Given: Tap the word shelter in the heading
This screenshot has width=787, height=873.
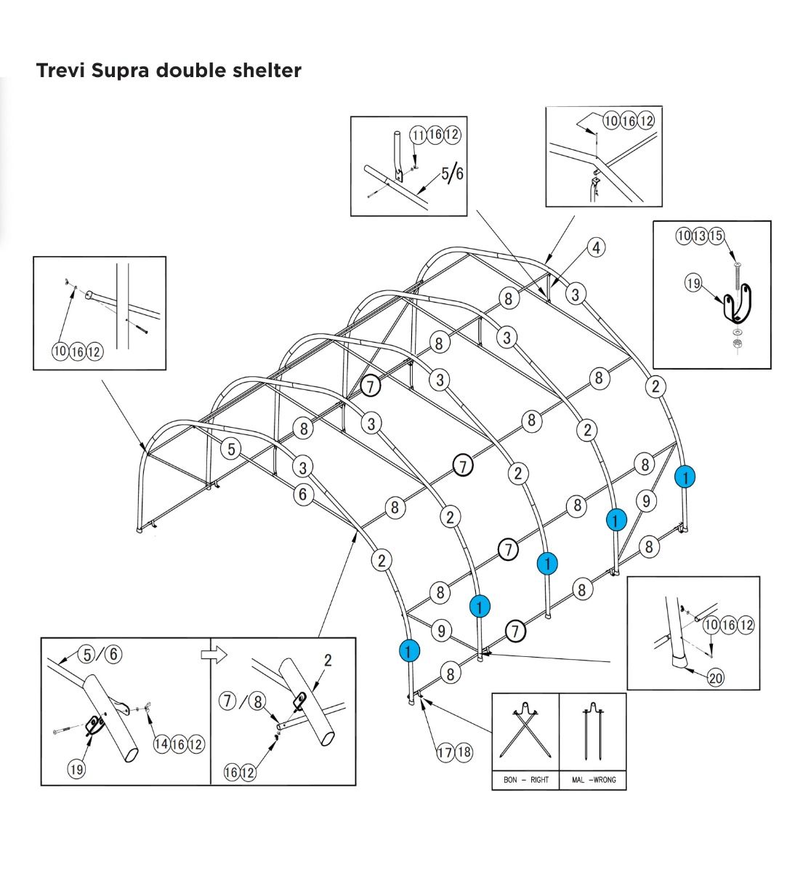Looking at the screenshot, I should pyautogui.click(x=265, y=71).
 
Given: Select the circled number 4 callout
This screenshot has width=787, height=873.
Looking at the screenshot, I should pyautogui.click(x=596, y=247).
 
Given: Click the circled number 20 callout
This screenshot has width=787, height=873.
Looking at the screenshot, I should pyautogui.click(x=716, y=678).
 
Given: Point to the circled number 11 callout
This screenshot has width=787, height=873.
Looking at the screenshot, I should pyautogui.click(x=419, y=135).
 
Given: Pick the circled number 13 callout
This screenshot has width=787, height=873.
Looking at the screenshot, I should pyautogui.click(x=701, y=236).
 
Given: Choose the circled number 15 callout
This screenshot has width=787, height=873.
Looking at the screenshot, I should pyautogui.click(x=717, y=236).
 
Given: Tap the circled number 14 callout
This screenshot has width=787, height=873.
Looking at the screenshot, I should pyautogui.click(x=162, y=744).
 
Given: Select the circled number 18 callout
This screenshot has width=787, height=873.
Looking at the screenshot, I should pyautogui.click(x=463, y=753).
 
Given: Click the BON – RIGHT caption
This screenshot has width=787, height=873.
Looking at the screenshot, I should pyautogui.click(x=526, y=780).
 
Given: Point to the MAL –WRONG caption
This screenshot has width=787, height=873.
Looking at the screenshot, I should pyautogui.click(x=593, y=780).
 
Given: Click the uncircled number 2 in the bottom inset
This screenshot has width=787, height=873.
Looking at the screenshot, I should pyautogui.click(x=328, y=661).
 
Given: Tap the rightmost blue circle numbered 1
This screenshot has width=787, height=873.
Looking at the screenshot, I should pyautogui.click(x=685, y=477).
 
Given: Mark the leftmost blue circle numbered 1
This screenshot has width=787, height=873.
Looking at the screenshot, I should pyautogui.click(x=409, y=650).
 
